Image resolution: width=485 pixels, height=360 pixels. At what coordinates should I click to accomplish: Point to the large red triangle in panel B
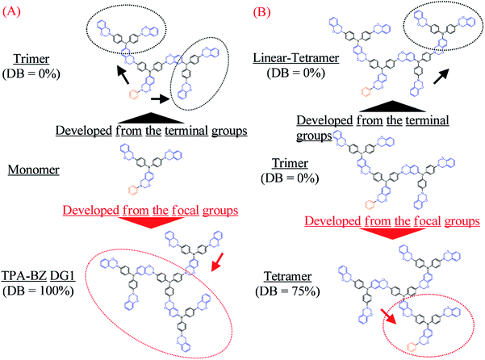tap(374, 235)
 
